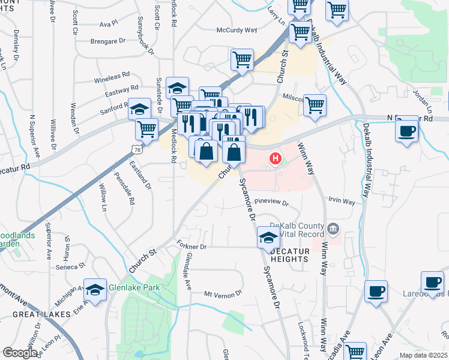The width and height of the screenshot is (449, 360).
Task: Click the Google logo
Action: (20, 352)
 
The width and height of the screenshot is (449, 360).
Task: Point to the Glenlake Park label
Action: (134, 287)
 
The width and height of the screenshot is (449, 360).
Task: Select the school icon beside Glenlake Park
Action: (95, 289)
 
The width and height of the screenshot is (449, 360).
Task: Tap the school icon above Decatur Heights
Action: (268, 236)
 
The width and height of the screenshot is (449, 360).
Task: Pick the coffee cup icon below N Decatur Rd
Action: (407, 129)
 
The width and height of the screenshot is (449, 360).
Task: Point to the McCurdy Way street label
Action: (237, 29)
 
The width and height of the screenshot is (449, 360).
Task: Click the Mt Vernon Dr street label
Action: (223, 293)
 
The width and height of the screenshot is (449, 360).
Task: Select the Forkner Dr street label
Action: (192, 247)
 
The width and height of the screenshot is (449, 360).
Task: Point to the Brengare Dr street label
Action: (107, 41)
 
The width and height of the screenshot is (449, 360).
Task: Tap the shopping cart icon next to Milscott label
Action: (315, 105)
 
